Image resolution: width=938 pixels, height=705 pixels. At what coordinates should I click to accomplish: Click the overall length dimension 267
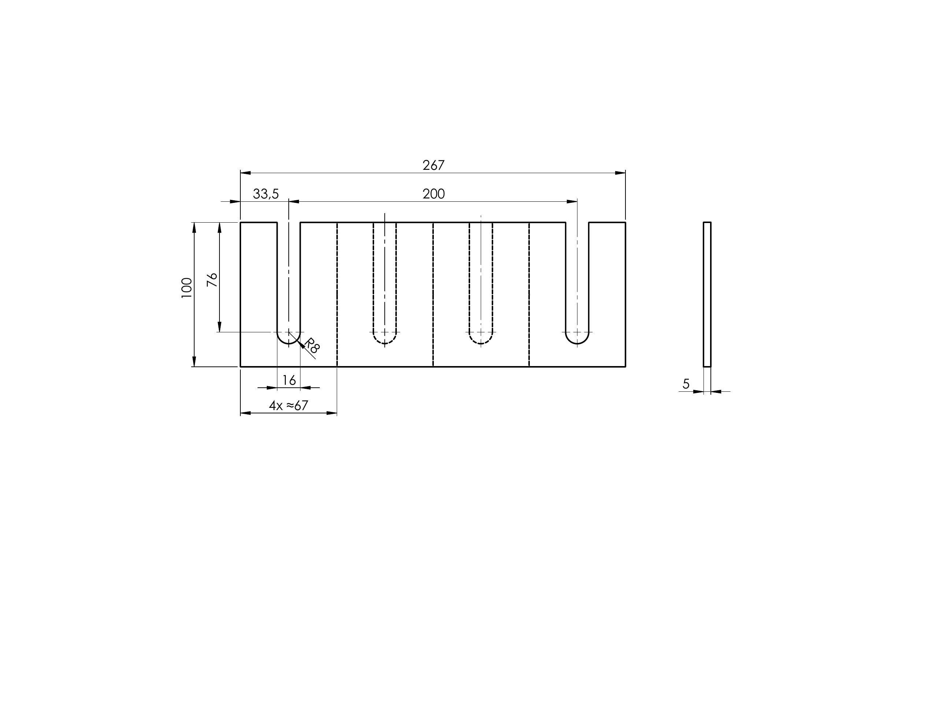tap(433, 165)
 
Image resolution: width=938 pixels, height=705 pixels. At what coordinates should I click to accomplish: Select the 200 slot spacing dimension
tap(433, 194)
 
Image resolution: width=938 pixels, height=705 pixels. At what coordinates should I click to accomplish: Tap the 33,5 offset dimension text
tap(266, 194)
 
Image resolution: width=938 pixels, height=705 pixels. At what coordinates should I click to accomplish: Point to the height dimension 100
tap(187, 288)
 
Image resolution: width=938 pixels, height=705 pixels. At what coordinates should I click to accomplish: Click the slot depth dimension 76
tap(212, 280)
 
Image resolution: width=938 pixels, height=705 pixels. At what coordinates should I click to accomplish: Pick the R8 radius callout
tap(312, 346)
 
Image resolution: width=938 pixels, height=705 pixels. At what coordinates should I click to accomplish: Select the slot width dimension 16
tap(289, 380)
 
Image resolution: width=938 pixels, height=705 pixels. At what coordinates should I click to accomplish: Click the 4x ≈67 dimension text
tap(288, 406)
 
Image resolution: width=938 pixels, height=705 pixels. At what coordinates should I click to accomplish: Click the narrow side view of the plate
tap(707, 294)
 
